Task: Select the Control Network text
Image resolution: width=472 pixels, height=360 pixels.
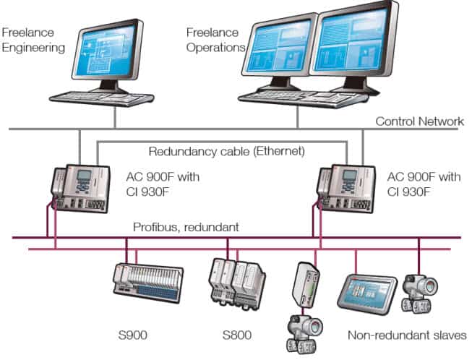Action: click(419, 121)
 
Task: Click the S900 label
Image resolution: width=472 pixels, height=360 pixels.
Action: click(134, 335)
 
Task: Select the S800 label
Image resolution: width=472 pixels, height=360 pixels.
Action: click(236, 335)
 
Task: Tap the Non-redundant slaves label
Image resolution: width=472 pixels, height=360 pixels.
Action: click(407, 335)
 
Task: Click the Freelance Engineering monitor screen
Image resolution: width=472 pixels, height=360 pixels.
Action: click(108, 51)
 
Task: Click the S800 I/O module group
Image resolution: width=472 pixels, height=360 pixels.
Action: click(237, 278)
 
